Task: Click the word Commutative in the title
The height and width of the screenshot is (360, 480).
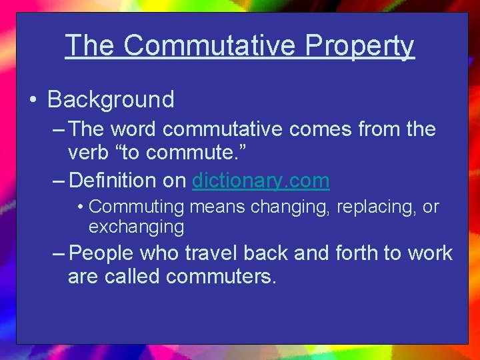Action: pyautogui.click(x=209, y=45)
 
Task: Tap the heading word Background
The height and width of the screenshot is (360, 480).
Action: pyautogui.click(x=111, y=99)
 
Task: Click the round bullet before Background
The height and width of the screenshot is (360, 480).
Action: pyautogui.click(x=32, y=100)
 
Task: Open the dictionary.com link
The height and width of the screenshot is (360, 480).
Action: pyautogui.click(x=261, y=180)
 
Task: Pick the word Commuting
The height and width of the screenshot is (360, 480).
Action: pyautogui.click(x=135, y=207)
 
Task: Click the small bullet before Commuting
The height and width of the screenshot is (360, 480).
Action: pyautogui.click(x=80, y=207)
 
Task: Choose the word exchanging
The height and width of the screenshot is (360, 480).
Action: pyautogui.click(x=136, y=227)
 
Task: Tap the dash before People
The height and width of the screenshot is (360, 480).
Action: pyautogui.click(x=58, y=253)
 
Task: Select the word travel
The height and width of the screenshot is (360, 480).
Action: pyautogui.click(x=215, y=253)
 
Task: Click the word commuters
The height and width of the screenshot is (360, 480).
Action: pyautogui.click(x=221, y=276)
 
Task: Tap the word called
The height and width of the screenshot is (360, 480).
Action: pyautogui.click(x=134, y=276)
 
